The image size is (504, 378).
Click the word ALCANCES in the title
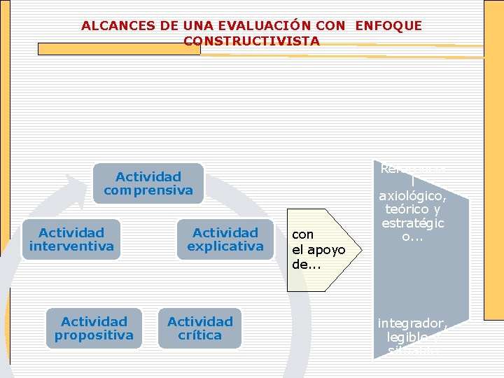pos(108,26)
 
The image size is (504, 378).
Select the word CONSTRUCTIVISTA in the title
pos(251,41)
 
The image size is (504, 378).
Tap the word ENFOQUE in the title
pos(388,26)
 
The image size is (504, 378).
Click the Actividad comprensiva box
pos(148,183)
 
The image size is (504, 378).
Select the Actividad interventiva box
pos(71,239)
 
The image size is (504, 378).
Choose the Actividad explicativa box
pos(225,239)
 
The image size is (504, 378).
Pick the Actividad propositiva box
pos(94,328)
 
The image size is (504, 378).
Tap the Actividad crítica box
pos(199,328)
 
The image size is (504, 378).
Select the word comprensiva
pos(148,190)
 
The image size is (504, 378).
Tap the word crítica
pos(199,335)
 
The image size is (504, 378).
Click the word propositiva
pos(94,335)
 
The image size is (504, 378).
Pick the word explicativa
pos(225,246)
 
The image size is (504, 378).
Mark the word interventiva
pos(71,246)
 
